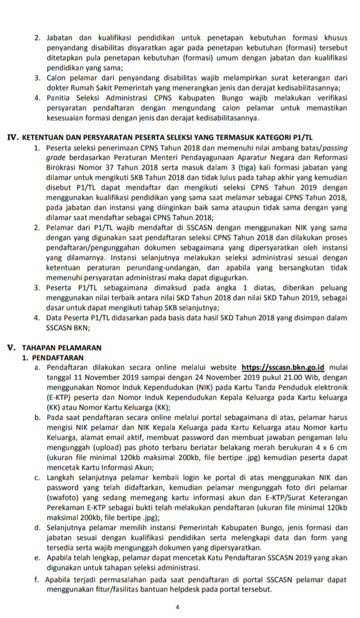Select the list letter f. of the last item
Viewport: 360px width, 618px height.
37,579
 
